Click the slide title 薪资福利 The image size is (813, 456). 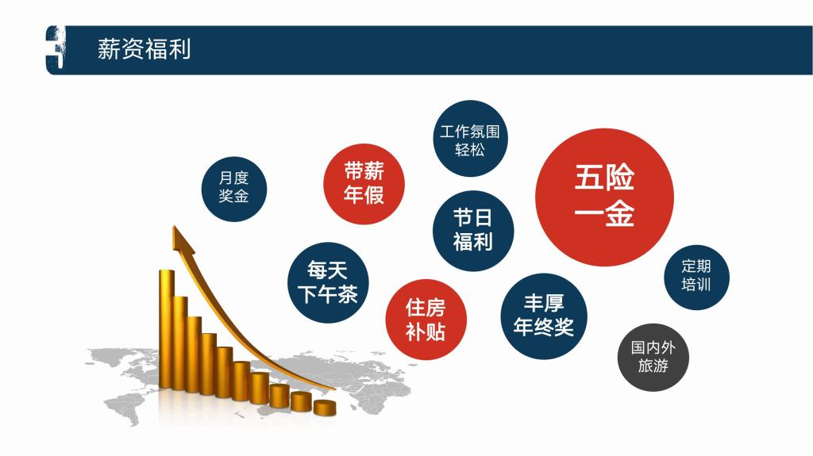144,50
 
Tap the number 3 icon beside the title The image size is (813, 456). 56,50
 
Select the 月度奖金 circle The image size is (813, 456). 234,189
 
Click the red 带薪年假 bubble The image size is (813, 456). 364,184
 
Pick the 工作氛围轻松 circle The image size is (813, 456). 470,138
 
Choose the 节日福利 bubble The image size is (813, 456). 473,231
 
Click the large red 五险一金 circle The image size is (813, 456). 604,197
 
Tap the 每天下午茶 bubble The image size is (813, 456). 328,282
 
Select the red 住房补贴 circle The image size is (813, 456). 426,320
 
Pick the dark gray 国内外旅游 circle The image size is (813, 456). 653,358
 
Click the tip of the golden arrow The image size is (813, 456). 174,227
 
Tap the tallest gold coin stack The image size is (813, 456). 167,329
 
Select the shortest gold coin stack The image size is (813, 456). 325,408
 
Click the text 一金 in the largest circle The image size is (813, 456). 604,213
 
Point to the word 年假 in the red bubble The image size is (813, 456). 364,195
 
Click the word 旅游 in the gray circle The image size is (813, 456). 653,366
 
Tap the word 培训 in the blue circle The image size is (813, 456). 696,285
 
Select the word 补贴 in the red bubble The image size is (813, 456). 426,331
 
